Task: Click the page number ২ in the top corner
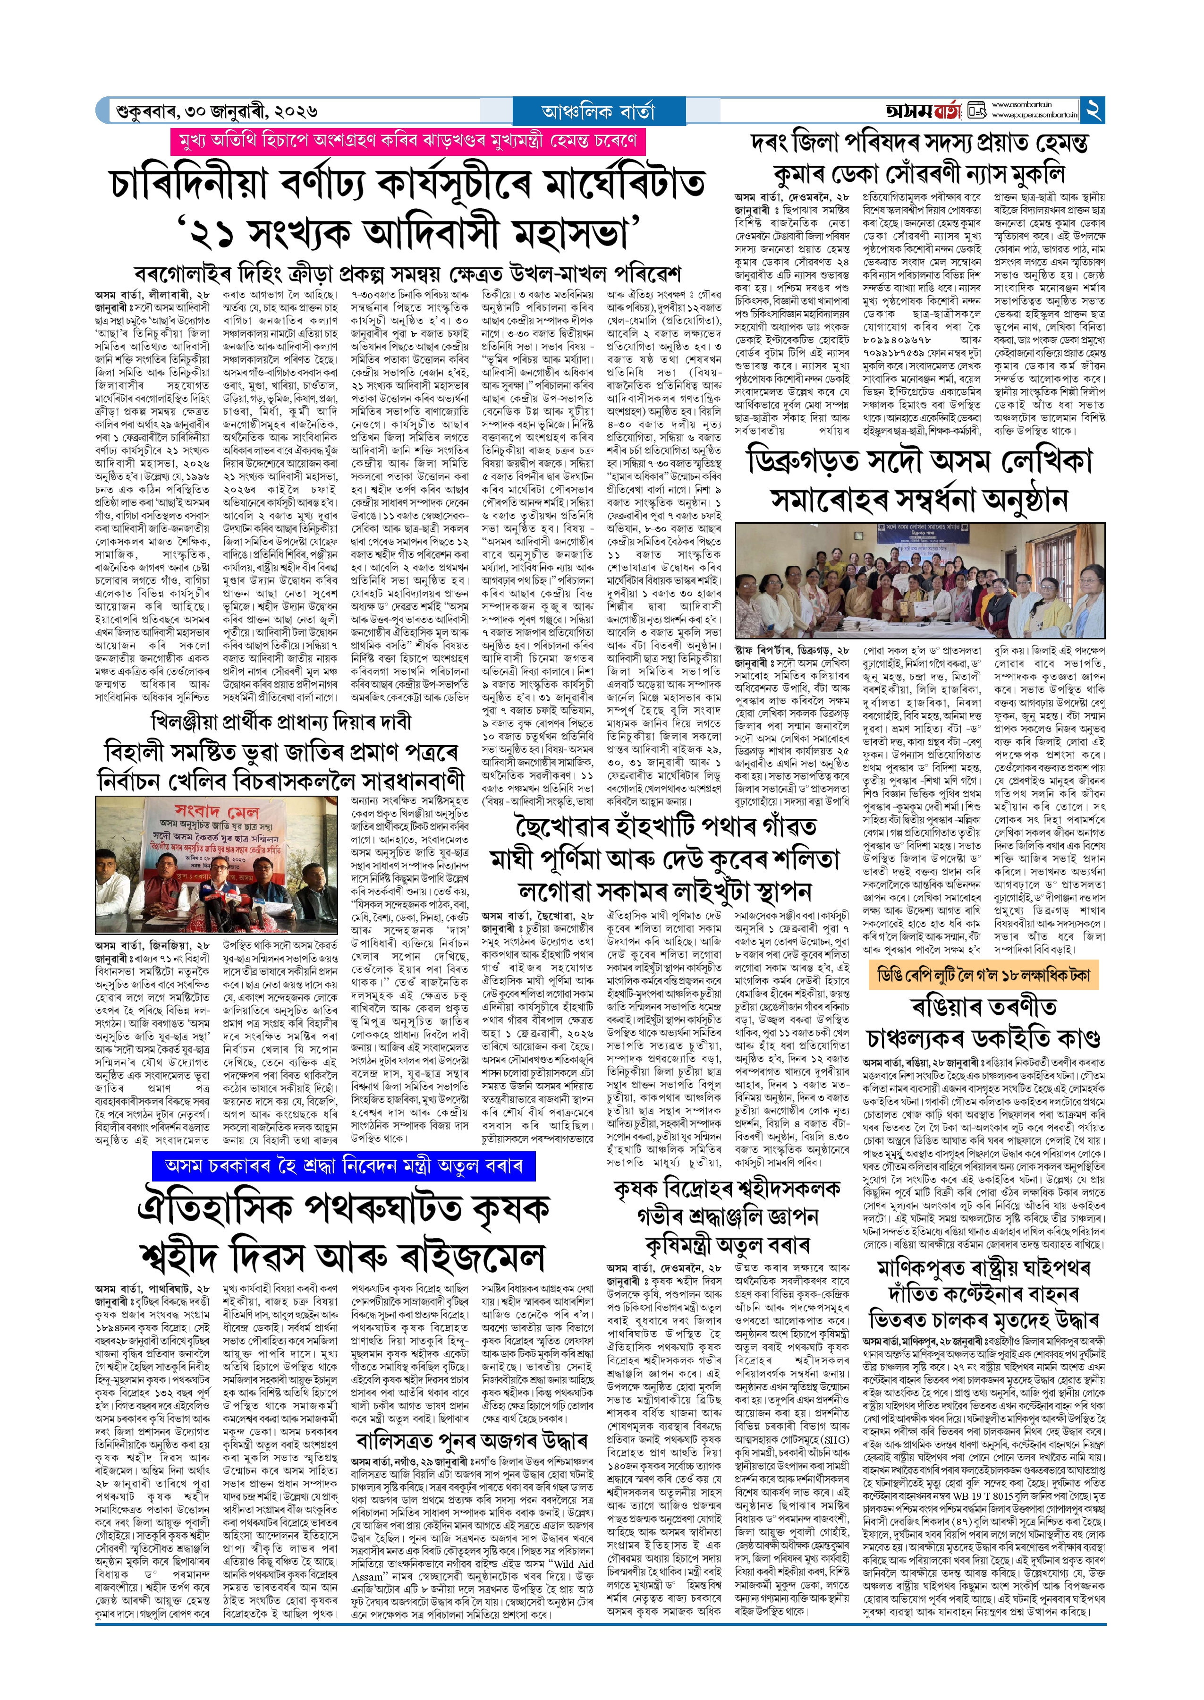(1094, 110)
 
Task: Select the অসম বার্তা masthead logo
(923, 111)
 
